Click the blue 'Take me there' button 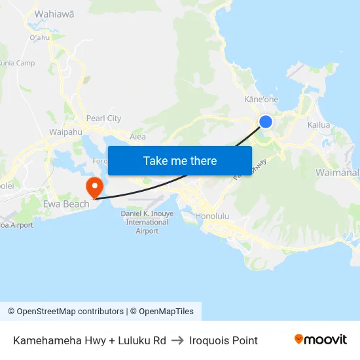pyautogui.click(x=180, y=160)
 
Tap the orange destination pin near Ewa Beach pyautogui.click(x=95, y=187)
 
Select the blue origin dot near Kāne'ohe pyautogui.click(x=266, y=121)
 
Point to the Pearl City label pyautogui.click(x=105, y=118)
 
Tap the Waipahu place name pyautogui.click(x=65, y=132)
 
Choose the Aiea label pyautogui.click(x=137, y=137)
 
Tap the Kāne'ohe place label pyautogui.click(x=261, y=99)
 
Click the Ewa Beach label pyautogui.click(x=66, y=204)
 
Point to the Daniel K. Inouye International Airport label pyautogui.click(x=147, y=222)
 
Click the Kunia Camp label pyautogui.click(x=16, y=63)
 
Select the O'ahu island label pyautogui.click(x=40, y=37)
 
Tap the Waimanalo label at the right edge pyautogui.click(x=337, y=173)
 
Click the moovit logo pyautogui.click(x=321, y=340)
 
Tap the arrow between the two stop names pyautogui.click(x=177, y=340)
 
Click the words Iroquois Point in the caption pyautogui.click(x=223, y=340)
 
